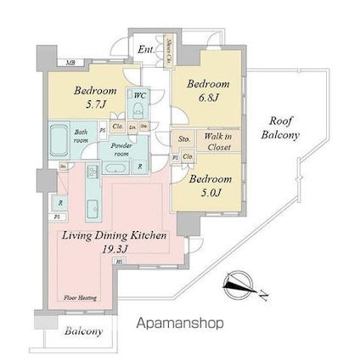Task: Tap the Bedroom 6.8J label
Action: click(x=208, y=91)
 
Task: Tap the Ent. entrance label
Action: click(x=146, y=50)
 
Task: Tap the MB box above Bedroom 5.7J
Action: click(x=72, y=63)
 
